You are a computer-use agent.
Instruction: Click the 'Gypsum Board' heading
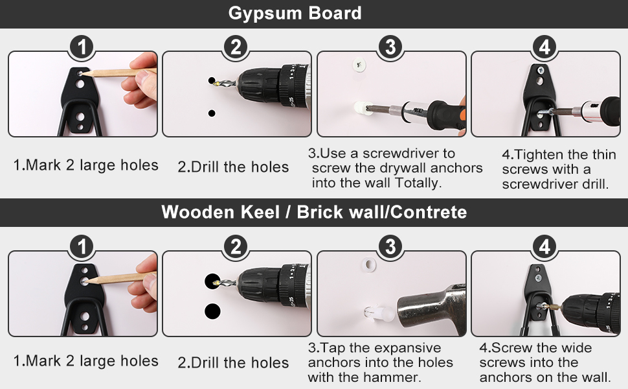click(295, 13)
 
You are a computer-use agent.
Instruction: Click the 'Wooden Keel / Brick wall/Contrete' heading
click(314, 212)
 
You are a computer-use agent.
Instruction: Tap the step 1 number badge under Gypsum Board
click(82, 47)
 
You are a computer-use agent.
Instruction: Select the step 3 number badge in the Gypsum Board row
click(390, 47)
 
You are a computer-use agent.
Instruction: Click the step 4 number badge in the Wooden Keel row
click(544, 246)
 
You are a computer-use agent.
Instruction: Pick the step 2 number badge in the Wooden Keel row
click(236, 246)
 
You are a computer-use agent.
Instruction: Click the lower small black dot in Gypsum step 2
click(212, 113)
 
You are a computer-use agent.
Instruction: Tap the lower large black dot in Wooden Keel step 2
click(212, 311)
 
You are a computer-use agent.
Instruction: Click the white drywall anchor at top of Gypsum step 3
click(359, 64)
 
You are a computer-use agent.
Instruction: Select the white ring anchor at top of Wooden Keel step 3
click(368, 265)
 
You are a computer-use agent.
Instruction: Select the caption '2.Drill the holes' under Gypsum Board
click(233, 167)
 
